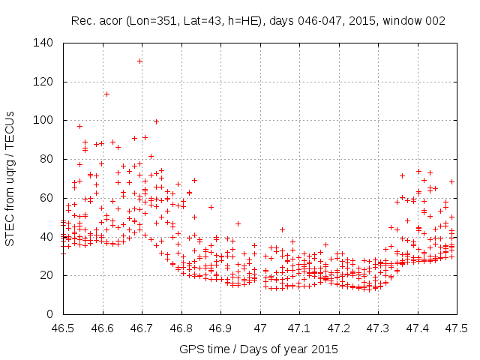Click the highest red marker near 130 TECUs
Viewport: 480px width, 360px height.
pyautogui.click(x=139, y=61)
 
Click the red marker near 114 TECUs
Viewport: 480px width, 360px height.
pyautogui.click(x=106, y=94)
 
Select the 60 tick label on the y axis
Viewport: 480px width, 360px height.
pyautogui.click(x=46, y=197)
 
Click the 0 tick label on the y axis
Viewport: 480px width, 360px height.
pyautogui.click(x=49, y=313)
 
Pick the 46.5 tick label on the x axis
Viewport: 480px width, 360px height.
pyautogui.click(x=63, y=328)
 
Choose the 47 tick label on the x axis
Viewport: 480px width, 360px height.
pyautogui.click(x=259, y=328)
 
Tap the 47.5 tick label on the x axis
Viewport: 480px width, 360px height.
pyautogui.click(x=456, y=328)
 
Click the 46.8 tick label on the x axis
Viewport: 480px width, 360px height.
pyautogui.click(x=181, y=328)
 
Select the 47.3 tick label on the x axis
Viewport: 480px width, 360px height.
pyautogui.click(x=377, y=328)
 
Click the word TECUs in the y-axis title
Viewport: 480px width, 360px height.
pyautogui.click(x=10, y=126)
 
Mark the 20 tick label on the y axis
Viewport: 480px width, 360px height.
pyautogui.click(x=46, y=275)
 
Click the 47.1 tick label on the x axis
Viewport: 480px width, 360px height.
pyautogui.click(x=298, y=328)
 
